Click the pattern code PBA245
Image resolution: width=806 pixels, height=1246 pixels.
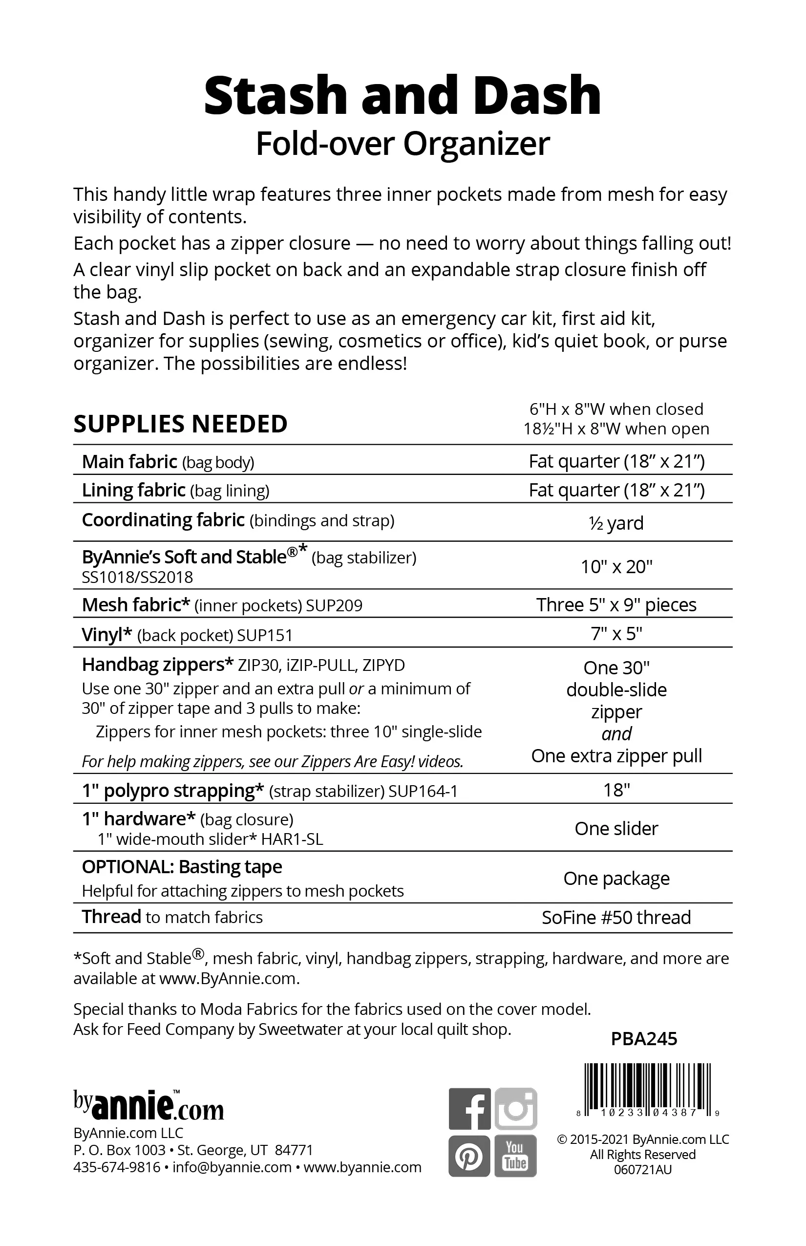point(644,1038)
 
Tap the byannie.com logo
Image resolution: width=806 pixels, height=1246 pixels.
point(148,1105)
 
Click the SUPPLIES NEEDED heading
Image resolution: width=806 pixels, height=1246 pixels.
point(181,424)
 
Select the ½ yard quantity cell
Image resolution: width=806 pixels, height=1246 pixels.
point(616,522)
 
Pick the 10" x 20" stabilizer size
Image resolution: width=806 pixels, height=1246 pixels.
point(616,566)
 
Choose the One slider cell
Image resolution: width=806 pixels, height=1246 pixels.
point(616,828)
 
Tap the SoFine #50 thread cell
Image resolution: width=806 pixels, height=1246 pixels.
point(616,917)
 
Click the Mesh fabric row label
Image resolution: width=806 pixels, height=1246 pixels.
point(136,605)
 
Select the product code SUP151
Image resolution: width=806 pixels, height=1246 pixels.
point(265,635)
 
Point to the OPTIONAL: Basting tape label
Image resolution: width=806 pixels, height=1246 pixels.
point(182,867)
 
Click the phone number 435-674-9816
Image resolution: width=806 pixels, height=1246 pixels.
point(117,1167)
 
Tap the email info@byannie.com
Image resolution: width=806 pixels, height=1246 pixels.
point(232,1167)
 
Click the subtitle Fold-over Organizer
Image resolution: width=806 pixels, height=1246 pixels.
point(403,144)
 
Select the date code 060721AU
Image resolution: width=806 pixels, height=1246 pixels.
point(643,1170)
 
